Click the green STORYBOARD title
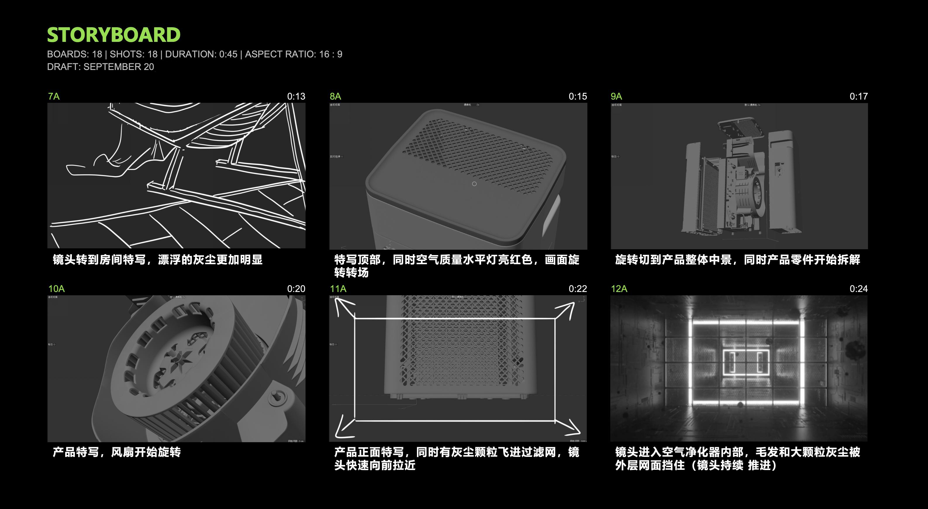tap(113, 35)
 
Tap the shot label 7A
tap(54, 96)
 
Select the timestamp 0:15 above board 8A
tap(577, 96)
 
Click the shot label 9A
tap(616, 96)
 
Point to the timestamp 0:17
tap(858, 96)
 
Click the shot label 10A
tap(56, 288)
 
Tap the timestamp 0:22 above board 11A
tap(577, 288)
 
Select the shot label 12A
tap(619, 288)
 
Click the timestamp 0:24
tap(858, 288)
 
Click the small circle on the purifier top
tap(474, 184)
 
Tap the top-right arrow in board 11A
tap(565, 310)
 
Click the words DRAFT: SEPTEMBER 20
tap(101, 67)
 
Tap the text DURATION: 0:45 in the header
tap(201, 54)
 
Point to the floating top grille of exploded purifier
tap(740, 128)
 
